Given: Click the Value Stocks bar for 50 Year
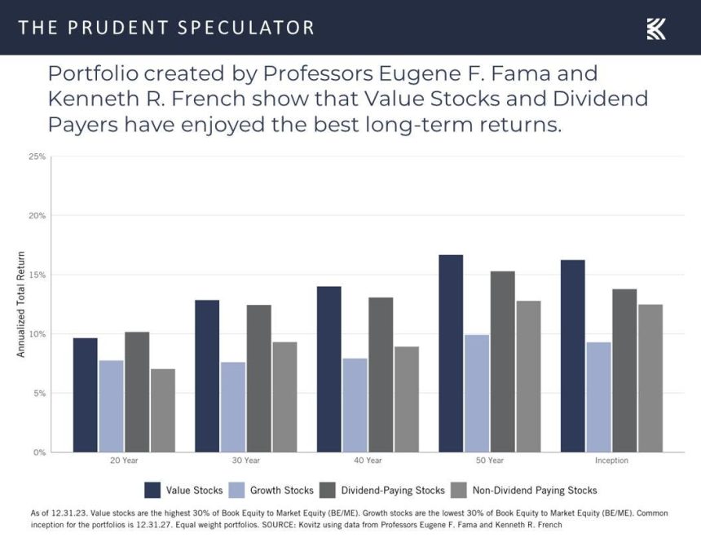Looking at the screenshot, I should coord(451,354).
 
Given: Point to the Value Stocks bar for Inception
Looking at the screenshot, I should coord(572,355).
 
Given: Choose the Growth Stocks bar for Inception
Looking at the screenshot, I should coord(598,397).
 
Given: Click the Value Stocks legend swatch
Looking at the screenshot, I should coord(152,490).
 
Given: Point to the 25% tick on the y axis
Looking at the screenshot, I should coord(37,156).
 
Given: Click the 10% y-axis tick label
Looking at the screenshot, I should coord(37,334).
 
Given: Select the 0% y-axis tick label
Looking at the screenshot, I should coord(39,452).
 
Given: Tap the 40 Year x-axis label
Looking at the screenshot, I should coord(368,461).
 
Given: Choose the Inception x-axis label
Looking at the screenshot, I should coord(611,461).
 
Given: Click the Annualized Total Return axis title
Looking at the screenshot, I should coord(21,304).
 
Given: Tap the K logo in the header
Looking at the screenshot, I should coord(656,29).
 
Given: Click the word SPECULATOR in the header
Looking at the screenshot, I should coord(248,28).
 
